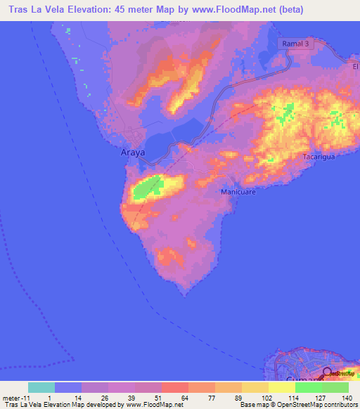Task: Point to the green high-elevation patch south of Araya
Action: pos(148,188)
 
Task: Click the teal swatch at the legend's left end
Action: pos(41,387)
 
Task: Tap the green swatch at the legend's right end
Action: pos(335,387)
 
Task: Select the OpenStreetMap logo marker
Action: pos(328,373)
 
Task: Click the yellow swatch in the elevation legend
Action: pos(282,387)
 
